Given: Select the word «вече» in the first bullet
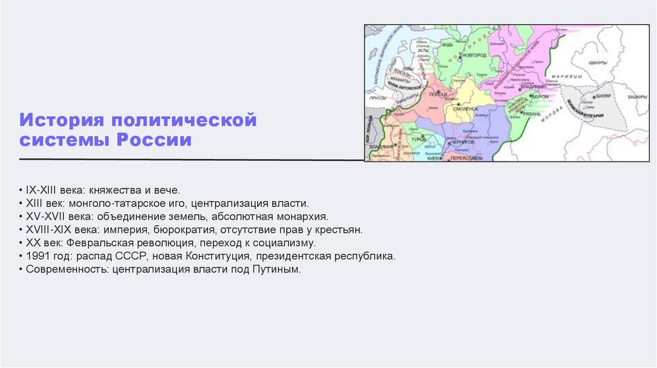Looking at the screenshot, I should (169, 190).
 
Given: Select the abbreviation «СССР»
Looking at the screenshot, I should (131, 256).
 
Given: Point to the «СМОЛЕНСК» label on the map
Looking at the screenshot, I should (467, 109).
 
